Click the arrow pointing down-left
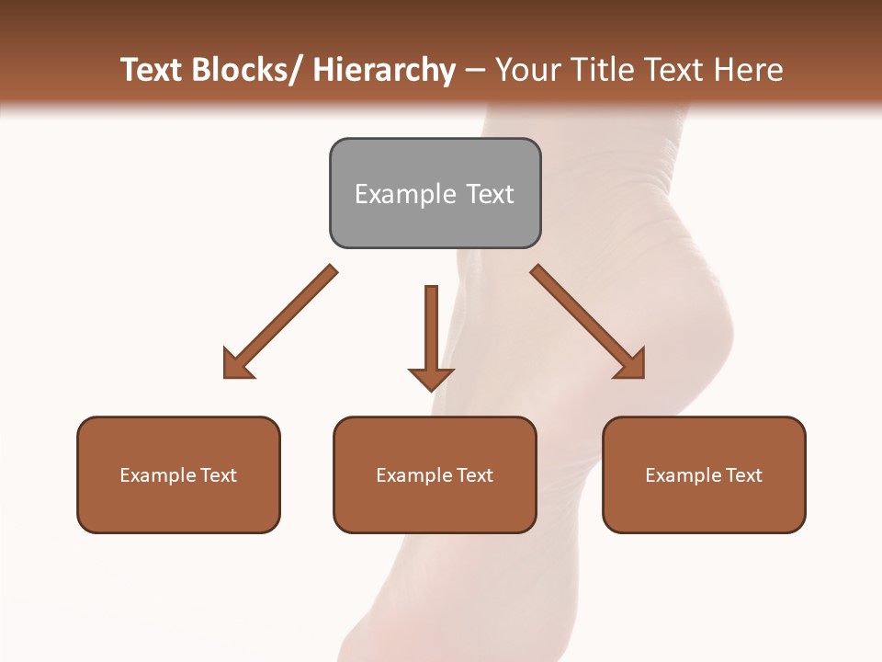coord(280,322)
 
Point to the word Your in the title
coord(527,71)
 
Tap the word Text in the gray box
coord(489,194)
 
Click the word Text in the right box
coord(743,475)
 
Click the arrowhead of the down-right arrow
coord(631,364)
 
